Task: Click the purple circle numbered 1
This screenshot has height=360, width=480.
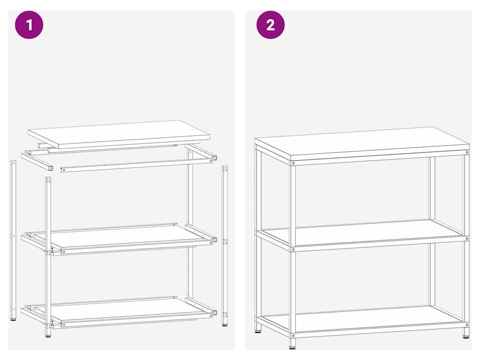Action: coord(29,25)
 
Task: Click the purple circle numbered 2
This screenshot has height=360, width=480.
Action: coord(270,25)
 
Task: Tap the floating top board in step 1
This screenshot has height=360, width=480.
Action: coord(119,135)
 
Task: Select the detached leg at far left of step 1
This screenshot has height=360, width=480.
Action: coord(13,240)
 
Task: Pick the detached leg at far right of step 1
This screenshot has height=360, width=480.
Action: coord(225,245)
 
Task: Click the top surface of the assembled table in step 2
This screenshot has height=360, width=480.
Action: coord(361,143)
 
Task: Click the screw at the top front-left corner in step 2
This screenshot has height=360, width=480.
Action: coord(293,164)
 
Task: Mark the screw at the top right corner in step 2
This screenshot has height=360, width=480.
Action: coord(467,152)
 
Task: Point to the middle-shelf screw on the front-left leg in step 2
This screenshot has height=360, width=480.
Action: coord(293,249)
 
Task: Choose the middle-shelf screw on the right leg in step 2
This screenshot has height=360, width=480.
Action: coord(467,238)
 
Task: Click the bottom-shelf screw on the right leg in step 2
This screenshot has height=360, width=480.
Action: coord(467,324)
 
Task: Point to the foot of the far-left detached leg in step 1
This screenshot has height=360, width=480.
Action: coord(13,319)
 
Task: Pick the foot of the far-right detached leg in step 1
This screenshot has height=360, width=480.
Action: coord(225,324)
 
